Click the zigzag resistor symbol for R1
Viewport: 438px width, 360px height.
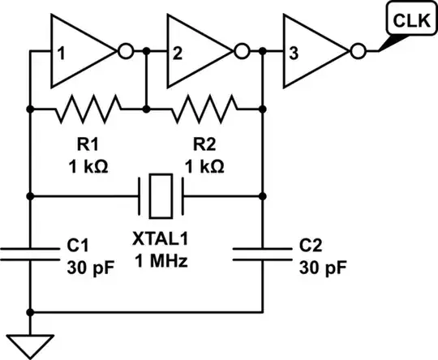[88, 108]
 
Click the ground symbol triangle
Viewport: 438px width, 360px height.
[30, 345]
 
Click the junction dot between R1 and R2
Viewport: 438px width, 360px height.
[147, 108]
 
